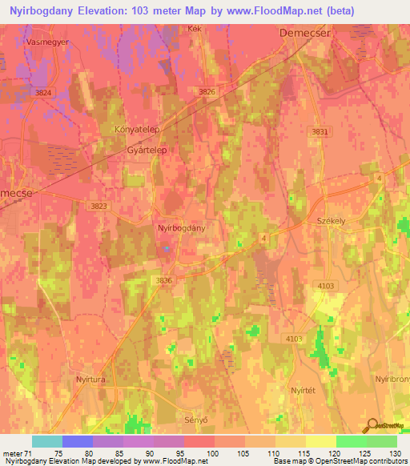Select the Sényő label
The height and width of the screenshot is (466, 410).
pyautogui.click(x=186, y=419)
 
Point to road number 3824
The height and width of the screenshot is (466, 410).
pyautogui.click(x=43, y=93)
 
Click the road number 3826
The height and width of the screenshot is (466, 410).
pyautogui.click(x=207, y=92)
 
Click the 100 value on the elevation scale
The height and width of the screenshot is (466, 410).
pyautogui.click(x=214, y=453)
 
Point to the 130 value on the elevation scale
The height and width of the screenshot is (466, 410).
pyautogui.click(x=396, y=453)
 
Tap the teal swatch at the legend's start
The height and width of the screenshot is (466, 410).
pyautogui.click(x=46, y=441)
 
